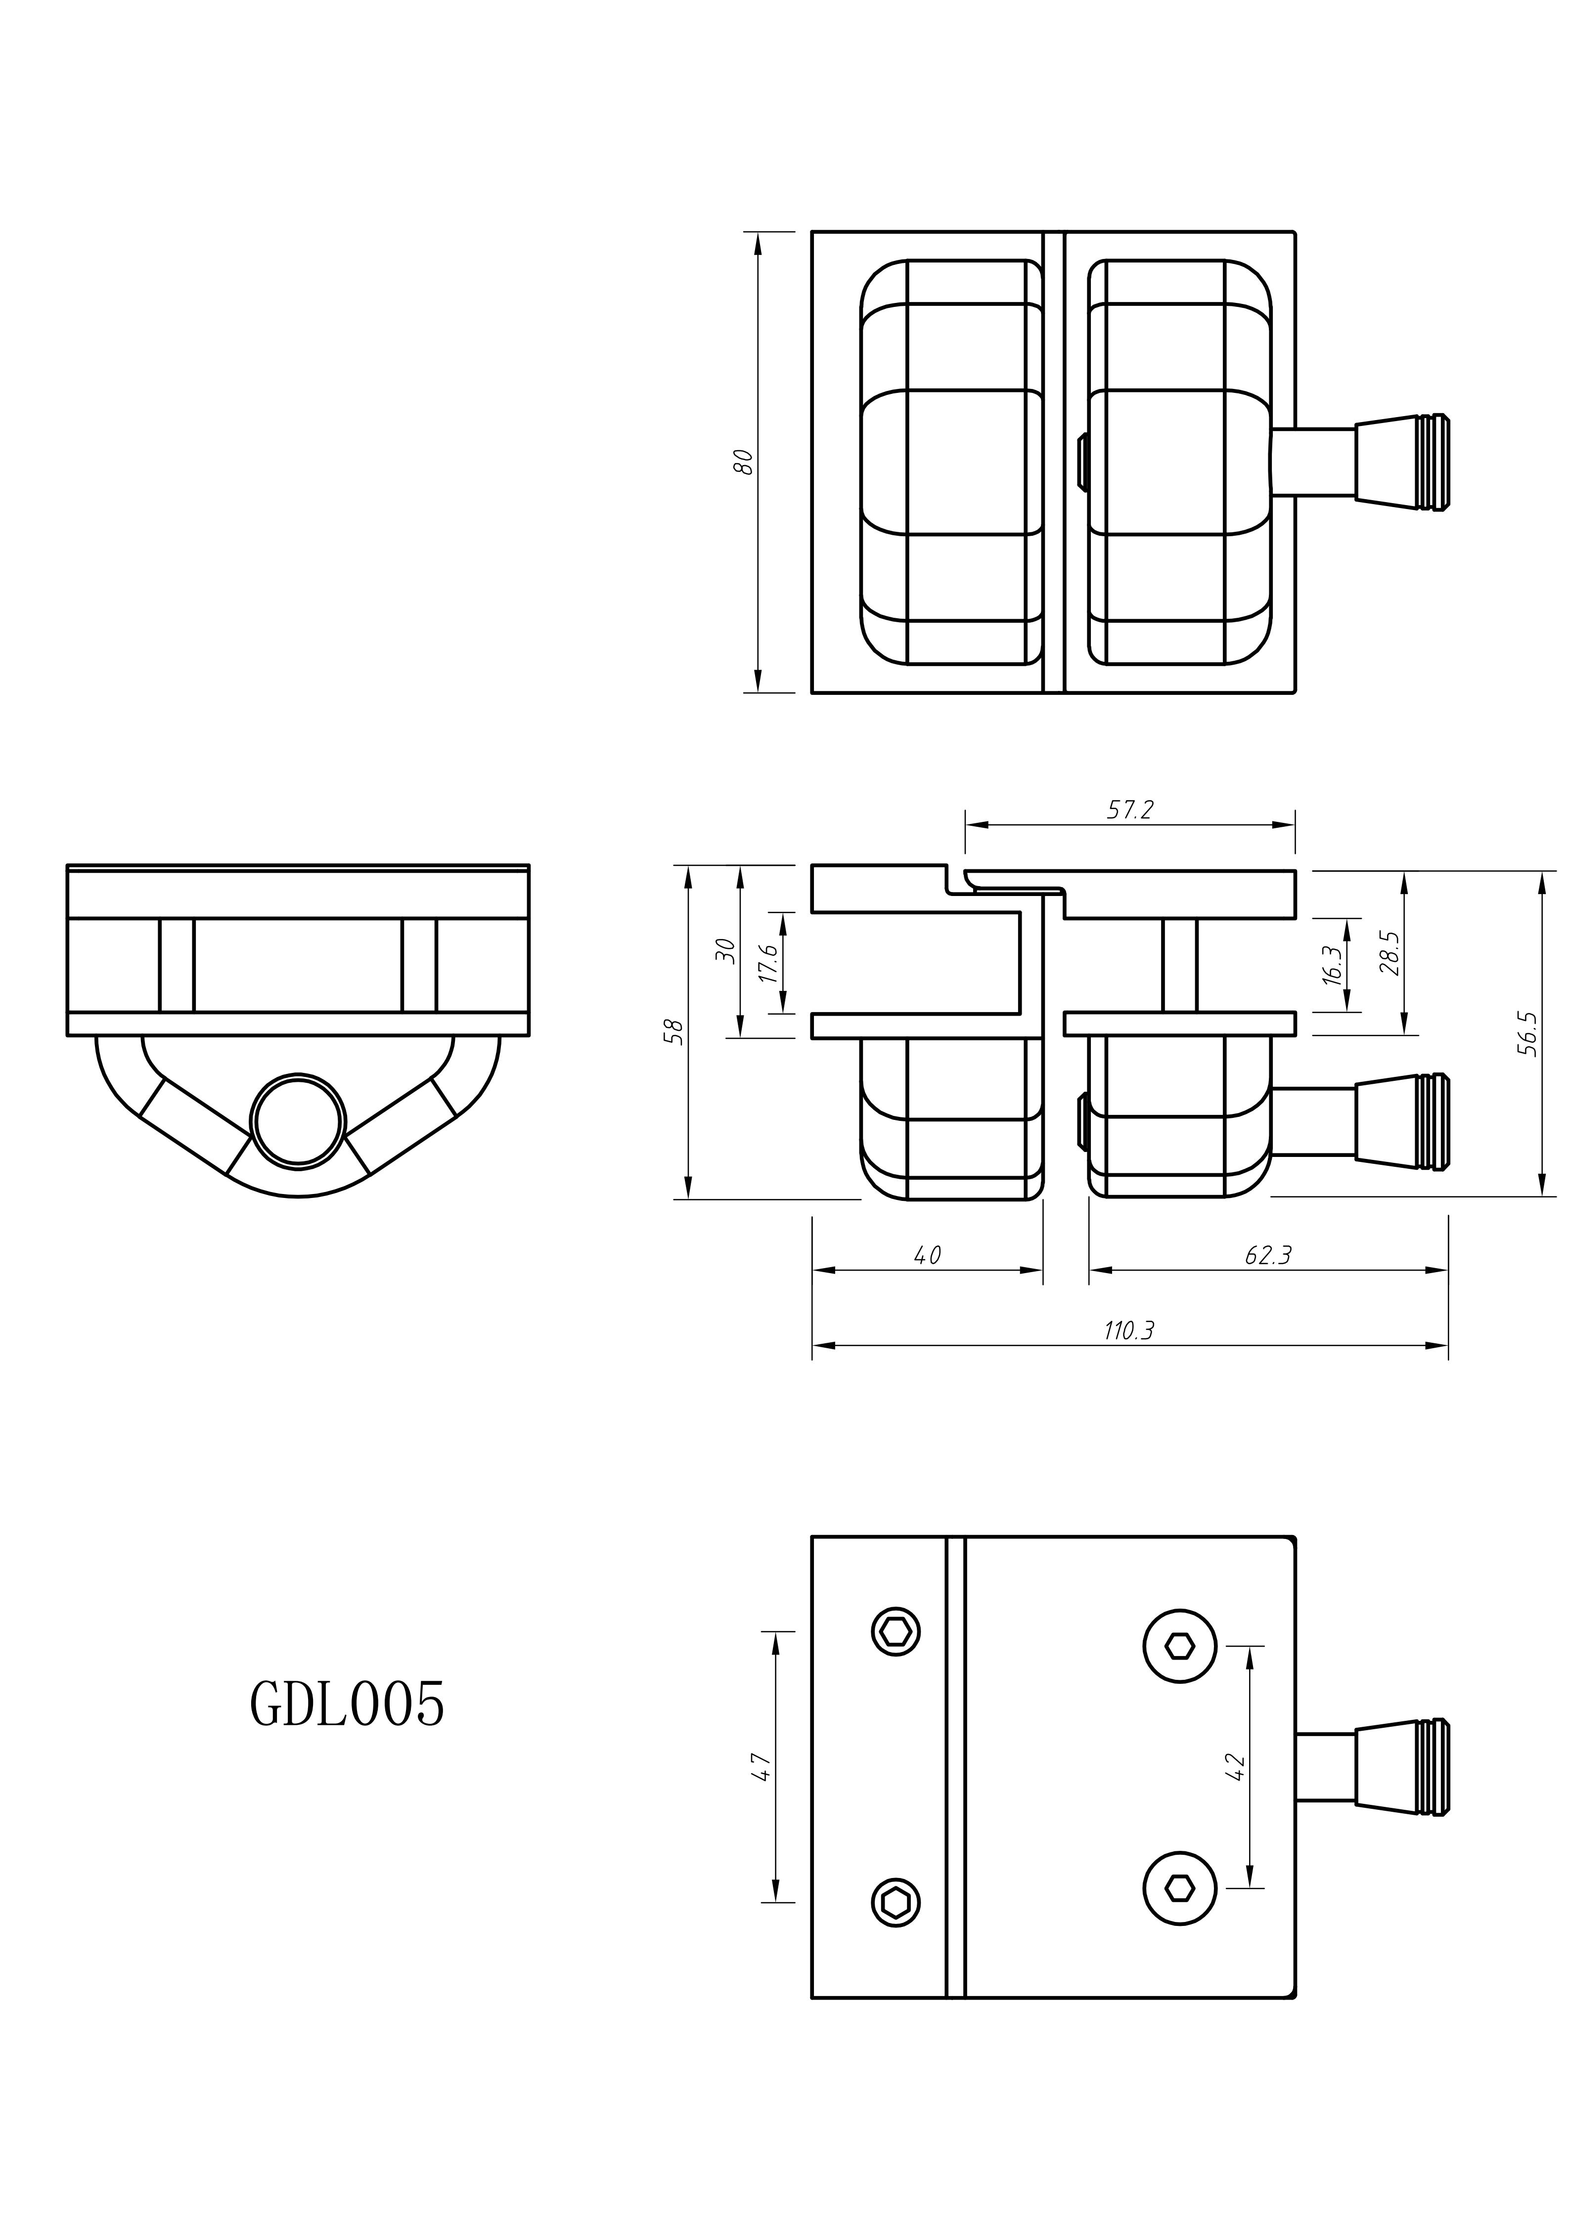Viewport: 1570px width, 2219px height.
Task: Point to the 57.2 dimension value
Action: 1130,810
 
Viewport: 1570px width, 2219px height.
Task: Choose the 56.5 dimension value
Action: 1527,1033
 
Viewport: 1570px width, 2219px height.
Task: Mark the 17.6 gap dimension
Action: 768,964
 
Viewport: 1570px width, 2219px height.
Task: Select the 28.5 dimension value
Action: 1390,953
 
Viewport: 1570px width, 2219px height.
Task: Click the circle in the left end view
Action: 298,1120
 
